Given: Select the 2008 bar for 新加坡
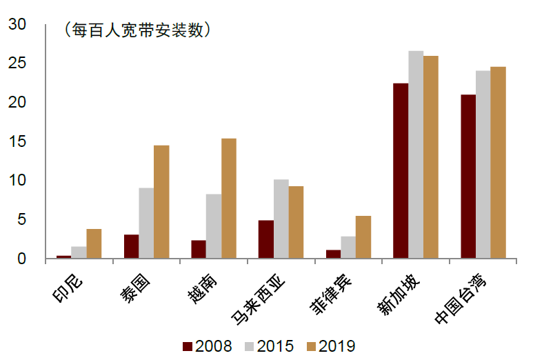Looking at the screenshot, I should (x=401, y=171).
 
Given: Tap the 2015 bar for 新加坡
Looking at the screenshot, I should (x=416, y=155).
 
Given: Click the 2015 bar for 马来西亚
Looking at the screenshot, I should (x=281, y=219).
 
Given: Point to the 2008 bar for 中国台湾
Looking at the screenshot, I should (x=468, y=177).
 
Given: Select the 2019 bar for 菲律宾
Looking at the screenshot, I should (x=363, y=237).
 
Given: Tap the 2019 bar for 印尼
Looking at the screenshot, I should (x=94, y=244).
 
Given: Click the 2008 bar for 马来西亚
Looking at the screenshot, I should (x=265, y=239).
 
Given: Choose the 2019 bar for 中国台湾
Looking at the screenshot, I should (x=498, y=163).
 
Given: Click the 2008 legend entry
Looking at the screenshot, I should (x=207, y=346).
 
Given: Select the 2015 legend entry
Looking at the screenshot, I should (x=269, y=346).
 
